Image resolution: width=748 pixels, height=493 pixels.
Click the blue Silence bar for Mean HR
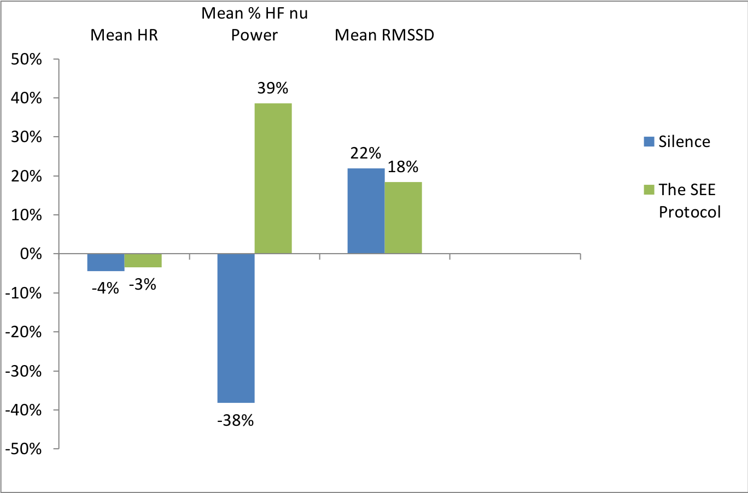(x=106, y=262)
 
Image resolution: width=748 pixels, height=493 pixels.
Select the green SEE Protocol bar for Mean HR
(x=143, y=261)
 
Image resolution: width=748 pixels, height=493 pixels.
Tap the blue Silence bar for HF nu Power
(x=236, y=328)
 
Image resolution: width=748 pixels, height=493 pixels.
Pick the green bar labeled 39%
(x=273, y=178)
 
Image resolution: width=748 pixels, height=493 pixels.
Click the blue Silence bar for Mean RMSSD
(x=366, y=211)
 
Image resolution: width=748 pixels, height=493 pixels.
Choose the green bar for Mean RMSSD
(x=403, y=218)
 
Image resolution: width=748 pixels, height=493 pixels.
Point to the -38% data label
(x=236, y=420)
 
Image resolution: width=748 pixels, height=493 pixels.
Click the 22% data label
(x=366, y=153)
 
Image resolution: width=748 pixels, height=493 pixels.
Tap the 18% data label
(x=403, y=167)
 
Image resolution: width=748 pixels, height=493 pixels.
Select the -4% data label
(x=105, y=288)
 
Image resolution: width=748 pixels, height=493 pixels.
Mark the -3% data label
(x=143, y=284)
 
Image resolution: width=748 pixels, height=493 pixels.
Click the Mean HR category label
(x=124, y=35)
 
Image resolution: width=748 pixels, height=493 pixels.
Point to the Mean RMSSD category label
(x=384, y=35)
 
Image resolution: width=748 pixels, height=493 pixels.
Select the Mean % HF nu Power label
(x=254, y=24)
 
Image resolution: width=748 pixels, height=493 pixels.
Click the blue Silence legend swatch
(x=649, y=142)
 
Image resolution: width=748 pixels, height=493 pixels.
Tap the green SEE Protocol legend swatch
(x=649, y=190)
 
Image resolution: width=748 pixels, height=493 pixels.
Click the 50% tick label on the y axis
(x=26, y=59)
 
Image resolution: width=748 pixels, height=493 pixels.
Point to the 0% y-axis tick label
(x=31, y=254)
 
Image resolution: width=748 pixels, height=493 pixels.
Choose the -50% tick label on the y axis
(x=24, y=449)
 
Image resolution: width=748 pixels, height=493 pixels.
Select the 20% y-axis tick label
(x=26, y=176)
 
